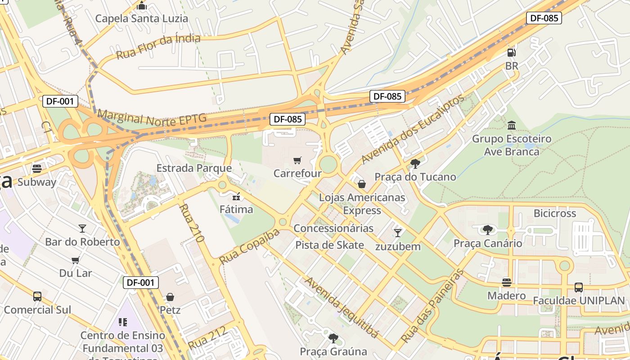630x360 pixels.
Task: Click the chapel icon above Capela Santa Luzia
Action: coord(142,6)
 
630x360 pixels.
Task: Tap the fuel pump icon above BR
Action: coord(511,53)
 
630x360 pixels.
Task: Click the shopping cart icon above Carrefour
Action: coord(297,161)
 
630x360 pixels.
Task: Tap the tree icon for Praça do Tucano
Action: coord(415,163)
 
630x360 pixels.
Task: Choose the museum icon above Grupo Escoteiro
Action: coord(512,125)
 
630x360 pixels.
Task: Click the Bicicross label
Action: coord(554,213)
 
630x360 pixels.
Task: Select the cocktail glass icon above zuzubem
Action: coord(397,233)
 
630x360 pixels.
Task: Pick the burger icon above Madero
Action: coord(507,283)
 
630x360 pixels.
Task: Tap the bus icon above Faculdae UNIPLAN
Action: coord(579,287)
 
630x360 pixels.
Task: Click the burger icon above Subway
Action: coord(37,169)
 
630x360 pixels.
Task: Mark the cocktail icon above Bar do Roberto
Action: coord(82,229)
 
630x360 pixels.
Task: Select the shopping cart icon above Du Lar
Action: coord(76,260)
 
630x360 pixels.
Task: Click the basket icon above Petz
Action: coord(170,297)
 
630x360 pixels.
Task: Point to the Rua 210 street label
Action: coord(192,223)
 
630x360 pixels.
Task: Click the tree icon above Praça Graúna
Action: coord(333,338)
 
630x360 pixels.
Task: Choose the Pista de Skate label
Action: coord(329,245)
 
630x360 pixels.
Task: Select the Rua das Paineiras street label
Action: coord(432,306)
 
